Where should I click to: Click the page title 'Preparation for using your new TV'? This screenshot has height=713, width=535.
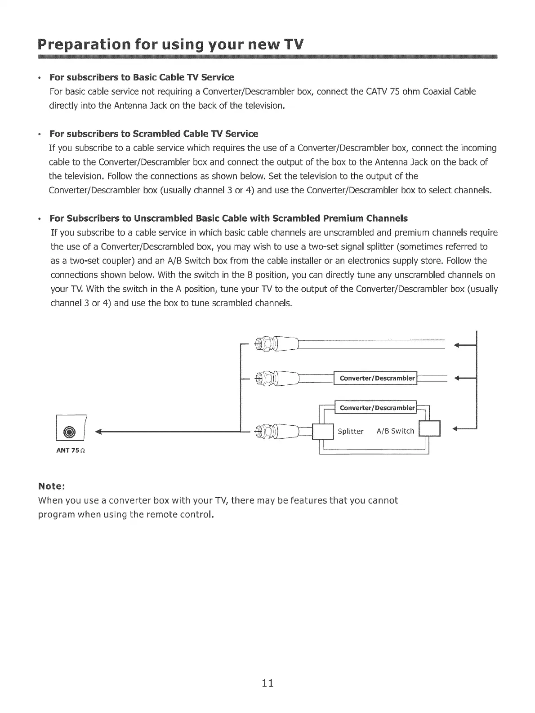(171, 45)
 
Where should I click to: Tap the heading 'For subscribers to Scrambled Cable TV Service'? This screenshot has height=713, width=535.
(154, 134)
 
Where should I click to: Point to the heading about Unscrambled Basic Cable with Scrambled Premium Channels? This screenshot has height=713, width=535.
(228, 218)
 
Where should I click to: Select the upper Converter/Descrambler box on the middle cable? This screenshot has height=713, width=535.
(376, 378)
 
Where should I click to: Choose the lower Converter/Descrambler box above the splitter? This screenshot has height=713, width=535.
(376, 408)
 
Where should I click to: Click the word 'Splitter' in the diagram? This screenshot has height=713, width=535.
(351, 432)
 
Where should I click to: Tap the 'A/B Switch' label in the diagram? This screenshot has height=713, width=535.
(396, 432)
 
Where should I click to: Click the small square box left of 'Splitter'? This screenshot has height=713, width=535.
(323, 432)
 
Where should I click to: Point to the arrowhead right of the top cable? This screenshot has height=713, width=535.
(459, 346)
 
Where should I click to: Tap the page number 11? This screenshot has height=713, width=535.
(268, 683)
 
